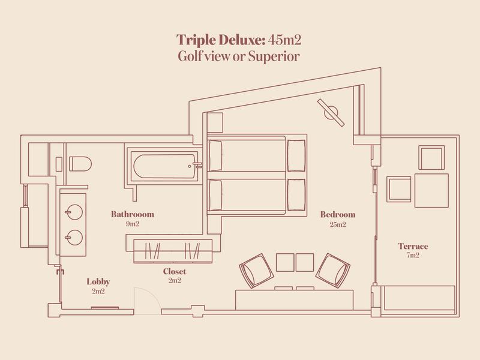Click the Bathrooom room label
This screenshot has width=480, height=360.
point(133,214)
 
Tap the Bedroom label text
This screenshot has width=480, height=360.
point(337,214)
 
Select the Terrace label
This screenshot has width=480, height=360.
point(412,246)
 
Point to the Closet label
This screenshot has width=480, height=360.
point(175,271)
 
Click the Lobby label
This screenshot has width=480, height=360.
point(98,281)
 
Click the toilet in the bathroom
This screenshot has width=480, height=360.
point(79,164)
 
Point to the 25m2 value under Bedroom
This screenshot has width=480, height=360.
point(337,225)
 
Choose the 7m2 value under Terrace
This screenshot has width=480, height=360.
point(412,256)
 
